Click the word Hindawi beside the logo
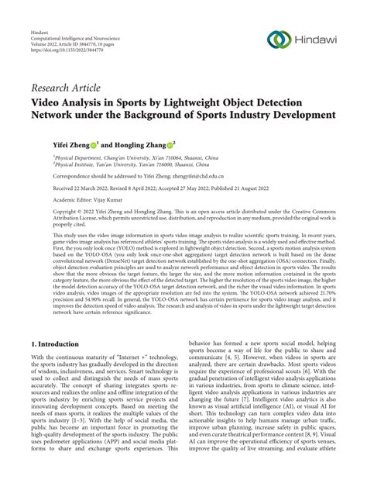318,40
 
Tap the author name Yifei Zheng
69,143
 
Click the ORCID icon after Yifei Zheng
93,143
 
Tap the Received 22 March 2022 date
82,186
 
